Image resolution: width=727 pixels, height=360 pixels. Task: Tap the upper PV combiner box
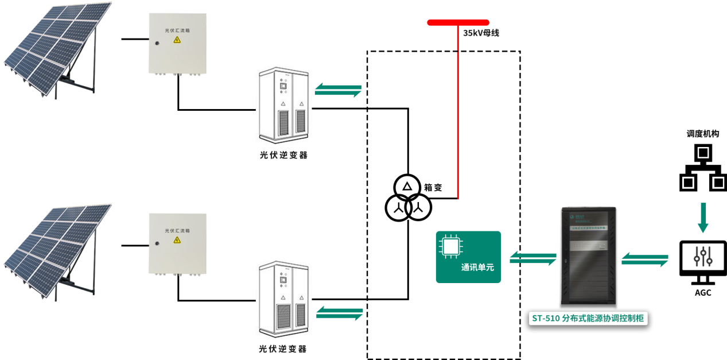click(177, 44)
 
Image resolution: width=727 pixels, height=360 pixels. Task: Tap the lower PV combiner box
click(177, 243)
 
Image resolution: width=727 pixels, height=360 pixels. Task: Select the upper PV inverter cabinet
click(284, 105)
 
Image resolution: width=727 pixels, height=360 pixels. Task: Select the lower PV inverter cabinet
click(284, 299)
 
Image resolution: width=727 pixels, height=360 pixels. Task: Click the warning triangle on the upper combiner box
click(177, 40)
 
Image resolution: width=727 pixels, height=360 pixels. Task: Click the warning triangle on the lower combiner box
click(177, 240)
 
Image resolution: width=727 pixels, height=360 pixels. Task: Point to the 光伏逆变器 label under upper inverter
click(283, 155)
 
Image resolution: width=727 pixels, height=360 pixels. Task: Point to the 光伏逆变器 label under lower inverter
click(283, 349)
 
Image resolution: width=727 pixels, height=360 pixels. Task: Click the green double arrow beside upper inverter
click(339, 90)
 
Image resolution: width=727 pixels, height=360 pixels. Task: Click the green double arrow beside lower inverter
click(340, 313)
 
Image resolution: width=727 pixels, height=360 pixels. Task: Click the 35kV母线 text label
click(481, 33)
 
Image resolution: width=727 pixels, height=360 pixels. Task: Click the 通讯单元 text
click(477, 268)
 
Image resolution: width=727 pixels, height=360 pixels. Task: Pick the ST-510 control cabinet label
click(588, 319)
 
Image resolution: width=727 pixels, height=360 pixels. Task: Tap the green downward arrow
click(703, 218)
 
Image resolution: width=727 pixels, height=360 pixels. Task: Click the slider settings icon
click(703, 256)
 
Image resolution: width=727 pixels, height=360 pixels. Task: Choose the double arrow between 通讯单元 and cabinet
click(533, 258)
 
